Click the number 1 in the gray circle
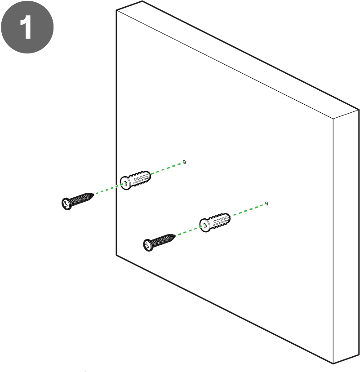click(26, 27)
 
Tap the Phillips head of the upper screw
click(67, 204)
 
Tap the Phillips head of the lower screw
click(148, 244)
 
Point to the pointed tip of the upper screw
click(94, 195)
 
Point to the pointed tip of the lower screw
click(175, 235)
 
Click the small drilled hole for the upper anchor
click(184, 162)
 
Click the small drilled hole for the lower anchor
click(267, 204)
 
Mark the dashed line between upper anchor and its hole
click(167, 168)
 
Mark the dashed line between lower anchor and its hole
click(248, 210)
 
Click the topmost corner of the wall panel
click(142, 1)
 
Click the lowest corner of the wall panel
click(333, 364)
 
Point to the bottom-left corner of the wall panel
click(116, 255)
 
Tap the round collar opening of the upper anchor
click(125, 183)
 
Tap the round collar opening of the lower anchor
click(204, 226)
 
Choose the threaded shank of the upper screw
click(82, 199)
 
